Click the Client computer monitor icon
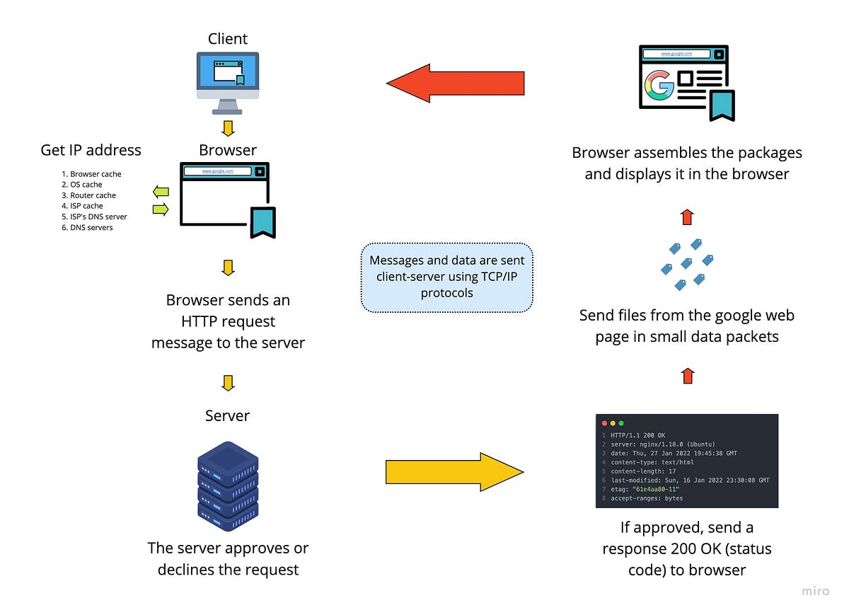227,79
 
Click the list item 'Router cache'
93,195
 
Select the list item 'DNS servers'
91,227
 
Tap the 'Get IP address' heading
91,150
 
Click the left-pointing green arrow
161,191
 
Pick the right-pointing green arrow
161,209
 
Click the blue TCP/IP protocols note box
446,277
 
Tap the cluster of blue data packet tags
686,263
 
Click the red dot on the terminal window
603,423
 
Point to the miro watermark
815,591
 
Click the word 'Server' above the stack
227,415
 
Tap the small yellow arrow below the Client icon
227,128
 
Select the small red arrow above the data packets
686,217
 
